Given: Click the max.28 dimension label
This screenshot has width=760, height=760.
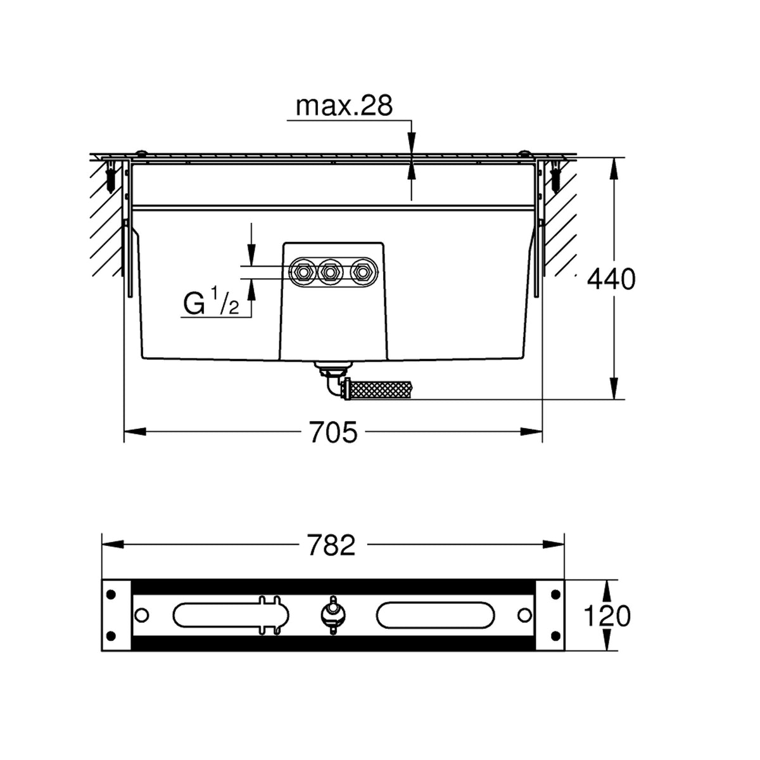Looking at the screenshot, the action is tap(344, 106).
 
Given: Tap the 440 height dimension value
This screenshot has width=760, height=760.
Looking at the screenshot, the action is tap(611, 279).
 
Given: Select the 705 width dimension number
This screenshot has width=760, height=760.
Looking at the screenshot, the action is tap(333, 432).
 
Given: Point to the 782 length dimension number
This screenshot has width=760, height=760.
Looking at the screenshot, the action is tap(331, 545).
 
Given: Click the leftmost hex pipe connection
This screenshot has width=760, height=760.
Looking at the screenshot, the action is tap(303, 272).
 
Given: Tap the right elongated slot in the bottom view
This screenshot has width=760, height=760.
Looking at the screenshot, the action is tap(434, 615).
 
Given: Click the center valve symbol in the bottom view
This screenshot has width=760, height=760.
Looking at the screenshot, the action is tap(333, 615).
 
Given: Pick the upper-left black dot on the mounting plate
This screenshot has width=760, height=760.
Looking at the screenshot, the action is tap(111, 594).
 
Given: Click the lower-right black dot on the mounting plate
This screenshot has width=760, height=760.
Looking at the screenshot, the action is tap(556, 635).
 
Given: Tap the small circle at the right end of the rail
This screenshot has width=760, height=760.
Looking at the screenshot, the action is tap(524, 615).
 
